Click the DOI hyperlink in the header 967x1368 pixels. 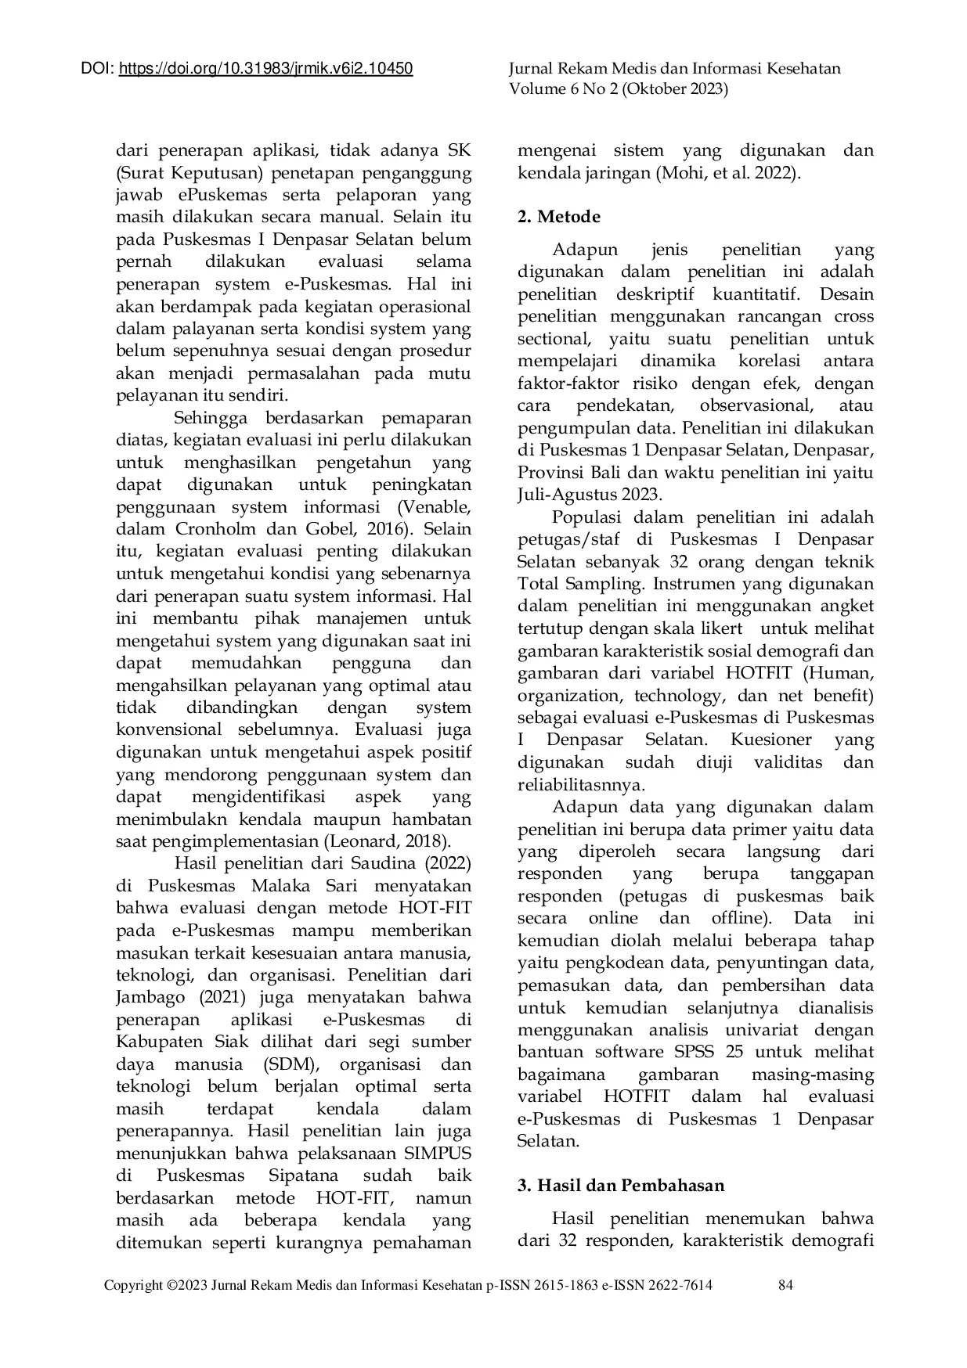(265, 70)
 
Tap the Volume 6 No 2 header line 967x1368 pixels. (619, 89)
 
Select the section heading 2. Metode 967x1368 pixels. (559, 217)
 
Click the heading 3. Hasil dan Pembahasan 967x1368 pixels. (621, 1185)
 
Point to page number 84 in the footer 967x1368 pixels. (786, 1285)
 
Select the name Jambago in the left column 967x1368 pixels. (150, 998)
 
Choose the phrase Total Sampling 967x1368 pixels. (568, 584)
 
